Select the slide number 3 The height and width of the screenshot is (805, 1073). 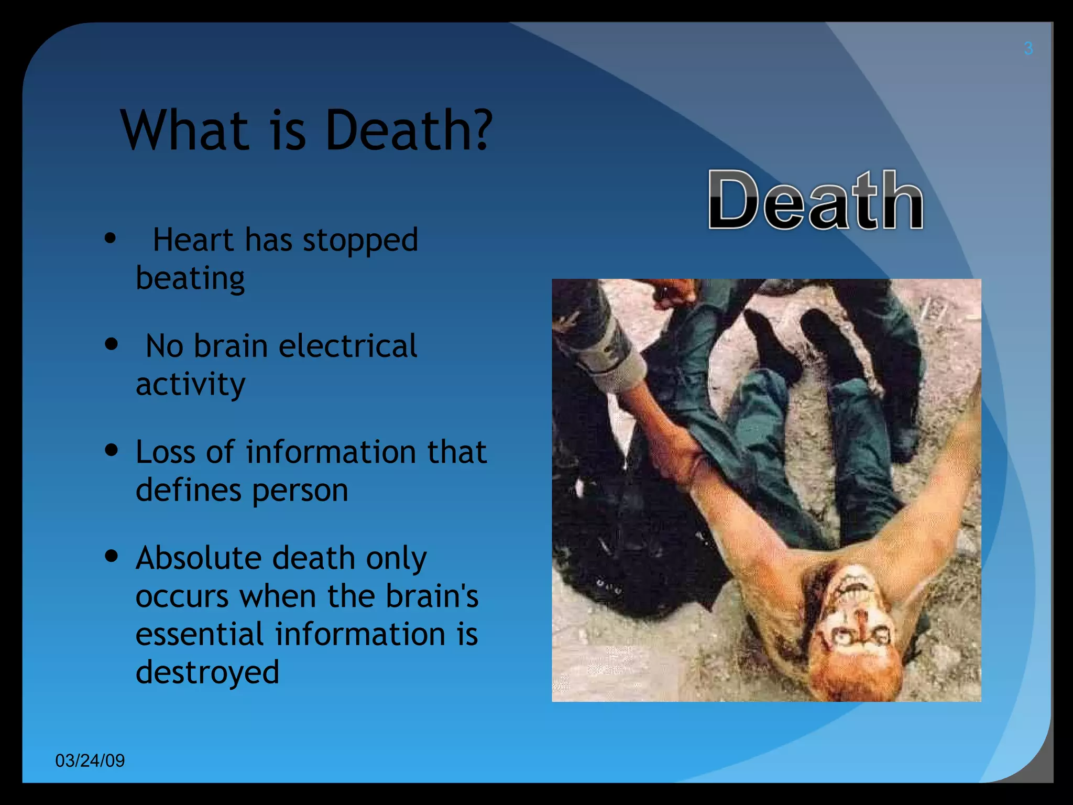point(1028,49)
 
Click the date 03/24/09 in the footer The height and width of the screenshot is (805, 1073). point(90,760)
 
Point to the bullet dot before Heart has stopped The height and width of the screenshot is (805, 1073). point(110,238)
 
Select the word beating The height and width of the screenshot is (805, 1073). point(190,278)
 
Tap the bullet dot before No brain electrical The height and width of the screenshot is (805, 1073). point(111,344)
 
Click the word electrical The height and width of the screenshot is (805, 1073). point(348,346)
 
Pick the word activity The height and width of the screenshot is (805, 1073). point(190,385)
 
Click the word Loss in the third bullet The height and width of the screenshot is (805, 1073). point(165,452)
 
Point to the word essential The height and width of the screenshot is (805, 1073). point(200,634)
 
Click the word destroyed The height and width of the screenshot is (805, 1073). point(207,672)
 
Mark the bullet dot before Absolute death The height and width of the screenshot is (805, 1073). point(111,556)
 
